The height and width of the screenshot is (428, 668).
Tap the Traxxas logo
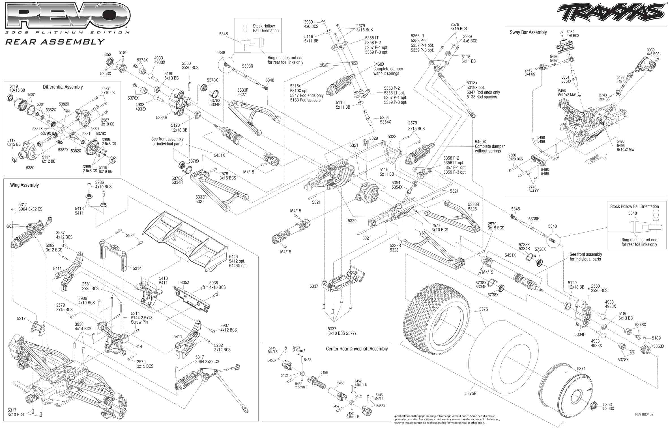click(x=610, y=13)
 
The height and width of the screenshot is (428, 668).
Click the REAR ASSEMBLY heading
click(x=55, y=42)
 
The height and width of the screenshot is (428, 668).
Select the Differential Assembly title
click(x=63, y=87)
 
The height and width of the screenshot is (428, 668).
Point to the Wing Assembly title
click(x=24, y=185)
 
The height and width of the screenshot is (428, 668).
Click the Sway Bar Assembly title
click(x=528, y=32)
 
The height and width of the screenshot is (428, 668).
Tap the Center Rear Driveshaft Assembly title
click(x=356, y=349)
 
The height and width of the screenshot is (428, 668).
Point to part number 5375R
click(x=471, y=393)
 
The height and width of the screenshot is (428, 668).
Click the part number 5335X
click(x=184, y=282)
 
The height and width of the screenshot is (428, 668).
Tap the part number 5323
click(x=392, y=137)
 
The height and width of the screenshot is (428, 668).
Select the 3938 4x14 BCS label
click(x=83, y=326)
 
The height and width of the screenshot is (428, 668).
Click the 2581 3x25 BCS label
click(x=90, y=286)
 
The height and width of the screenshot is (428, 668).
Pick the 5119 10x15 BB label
click(x=17, y=88)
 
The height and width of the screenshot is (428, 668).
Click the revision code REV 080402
click(x=644, y=414)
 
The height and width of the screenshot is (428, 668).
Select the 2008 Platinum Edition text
click(x=67, y=33)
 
